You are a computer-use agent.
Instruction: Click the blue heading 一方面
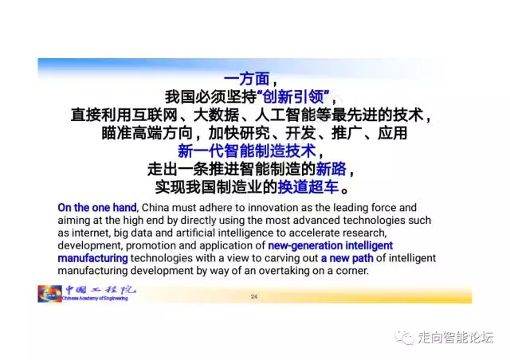pos(247,79)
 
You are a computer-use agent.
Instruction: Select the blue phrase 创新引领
pos(294,96)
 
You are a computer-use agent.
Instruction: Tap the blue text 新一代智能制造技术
pos(247,151)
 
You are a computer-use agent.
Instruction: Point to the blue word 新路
pos(331,169)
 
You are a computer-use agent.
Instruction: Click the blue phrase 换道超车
pos(308,187)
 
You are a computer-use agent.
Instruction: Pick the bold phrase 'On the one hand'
pos(97,208)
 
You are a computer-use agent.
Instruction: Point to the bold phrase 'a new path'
pos(347,258)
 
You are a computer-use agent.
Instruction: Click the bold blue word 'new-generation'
pos(305,245)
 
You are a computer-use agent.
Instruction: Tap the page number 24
pos(254,296)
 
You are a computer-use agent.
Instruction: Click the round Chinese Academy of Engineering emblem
pos(49,294)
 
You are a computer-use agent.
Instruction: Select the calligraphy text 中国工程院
pos(100,290)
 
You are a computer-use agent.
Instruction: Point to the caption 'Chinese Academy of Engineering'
pos(95,298)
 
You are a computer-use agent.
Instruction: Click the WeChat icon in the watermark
pos(404,337)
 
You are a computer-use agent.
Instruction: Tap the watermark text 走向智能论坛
pos(455,337)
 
